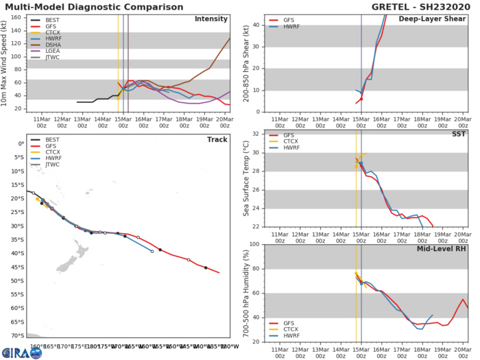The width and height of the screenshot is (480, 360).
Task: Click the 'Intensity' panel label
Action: click(211, 19)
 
